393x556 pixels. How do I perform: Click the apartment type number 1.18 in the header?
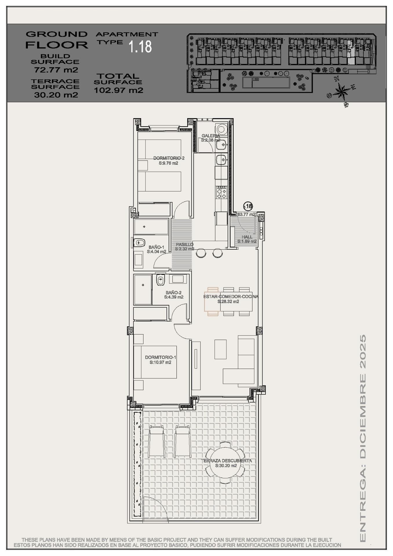pos(140,47)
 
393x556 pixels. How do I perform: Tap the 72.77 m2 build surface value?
pos(56,70)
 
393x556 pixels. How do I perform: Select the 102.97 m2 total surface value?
pos(119,90)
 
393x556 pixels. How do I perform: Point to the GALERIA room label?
pos(210,136)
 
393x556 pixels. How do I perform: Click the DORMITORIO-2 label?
pos(169,158)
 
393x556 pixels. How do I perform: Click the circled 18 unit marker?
pos(248,206)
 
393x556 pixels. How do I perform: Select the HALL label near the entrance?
pos(247,237)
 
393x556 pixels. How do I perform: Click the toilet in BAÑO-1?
pos(139,242)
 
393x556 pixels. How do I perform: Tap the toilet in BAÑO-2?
pos(160,280)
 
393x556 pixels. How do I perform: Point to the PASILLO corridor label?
pos(184,245)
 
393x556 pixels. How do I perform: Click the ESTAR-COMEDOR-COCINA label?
pos(231,297)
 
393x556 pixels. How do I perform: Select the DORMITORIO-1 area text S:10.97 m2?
pos(160,362)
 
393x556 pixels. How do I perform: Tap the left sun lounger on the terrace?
pos(157,441)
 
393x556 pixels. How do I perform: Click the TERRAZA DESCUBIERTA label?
pos(226,460)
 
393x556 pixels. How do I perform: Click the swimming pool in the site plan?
pos(266,83)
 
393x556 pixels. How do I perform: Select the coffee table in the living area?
pos(220,349)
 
